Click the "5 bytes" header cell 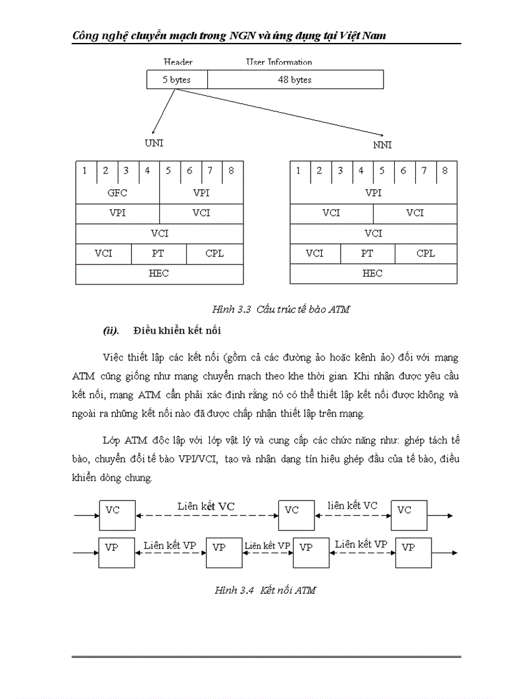click(x=177, y=80)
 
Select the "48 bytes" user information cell click(x=295, y=80)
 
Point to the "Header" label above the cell click(x=177, y=62)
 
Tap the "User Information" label click(x=279, y=62)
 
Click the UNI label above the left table click(x=154, y=143)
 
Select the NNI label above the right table click(x=382, y=145)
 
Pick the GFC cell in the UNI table click(x=117, y=193)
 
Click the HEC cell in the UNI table click(x=159, y=273)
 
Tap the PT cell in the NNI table click(x=367, y=253)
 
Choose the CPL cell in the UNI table click(x=214, y=253)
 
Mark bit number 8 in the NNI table click(x=444, y=171)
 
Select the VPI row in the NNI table click(x=373, y=193)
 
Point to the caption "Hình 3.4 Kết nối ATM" click(x=265, y=590)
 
